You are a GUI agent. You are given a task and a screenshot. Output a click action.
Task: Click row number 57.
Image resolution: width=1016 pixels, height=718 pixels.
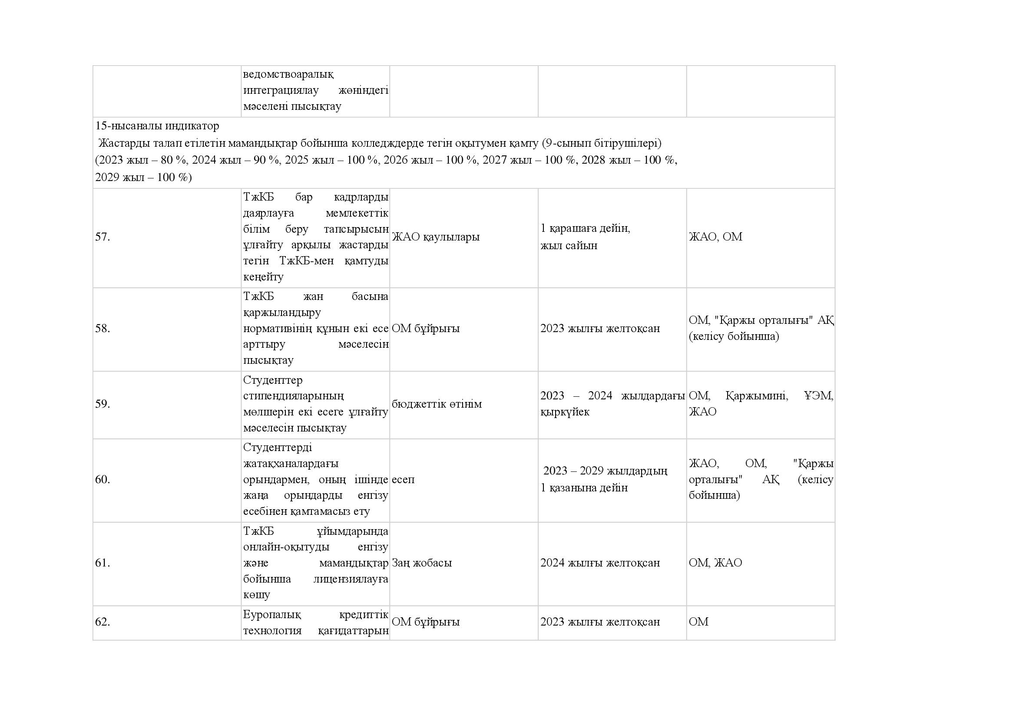coord(103,237)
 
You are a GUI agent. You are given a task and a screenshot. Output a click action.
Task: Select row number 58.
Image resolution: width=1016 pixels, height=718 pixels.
coord(103,329)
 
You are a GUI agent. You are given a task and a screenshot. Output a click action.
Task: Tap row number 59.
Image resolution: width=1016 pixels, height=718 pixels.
coord(103,404)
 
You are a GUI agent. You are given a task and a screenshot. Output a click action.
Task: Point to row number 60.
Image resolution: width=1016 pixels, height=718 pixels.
coord(103,480)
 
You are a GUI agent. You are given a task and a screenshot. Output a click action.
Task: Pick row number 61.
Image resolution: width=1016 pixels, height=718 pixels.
coord(103,563)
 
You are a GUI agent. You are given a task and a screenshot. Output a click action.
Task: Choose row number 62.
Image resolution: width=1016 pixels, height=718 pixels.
coord(103,622)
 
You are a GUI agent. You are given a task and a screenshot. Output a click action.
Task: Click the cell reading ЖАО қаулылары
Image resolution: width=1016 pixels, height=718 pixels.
coord(435,237)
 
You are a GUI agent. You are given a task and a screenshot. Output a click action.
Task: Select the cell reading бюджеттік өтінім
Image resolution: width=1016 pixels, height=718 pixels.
coord(436,404)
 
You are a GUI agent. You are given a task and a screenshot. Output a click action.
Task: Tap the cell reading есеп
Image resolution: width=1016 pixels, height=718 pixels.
coord(403,480)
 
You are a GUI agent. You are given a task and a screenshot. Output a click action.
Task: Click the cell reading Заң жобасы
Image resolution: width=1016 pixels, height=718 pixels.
coord(422,563)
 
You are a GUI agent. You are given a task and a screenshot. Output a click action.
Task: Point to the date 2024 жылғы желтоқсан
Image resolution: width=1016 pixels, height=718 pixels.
coord(599,563)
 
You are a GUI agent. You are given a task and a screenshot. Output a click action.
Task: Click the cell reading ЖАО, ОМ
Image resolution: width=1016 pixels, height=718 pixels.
coord(715,237)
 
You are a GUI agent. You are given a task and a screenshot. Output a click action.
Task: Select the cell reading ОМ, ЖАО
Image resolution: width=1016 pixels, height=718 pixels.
coord(715,563)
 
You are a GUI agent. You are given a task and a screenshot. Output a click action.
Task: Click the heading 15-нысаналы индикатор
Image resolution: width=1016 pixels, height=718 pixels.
coord(157,126)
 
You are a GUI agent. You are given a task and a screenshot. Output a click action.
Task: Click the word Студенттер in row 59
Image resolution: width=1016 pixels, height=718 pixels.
coord(273,380)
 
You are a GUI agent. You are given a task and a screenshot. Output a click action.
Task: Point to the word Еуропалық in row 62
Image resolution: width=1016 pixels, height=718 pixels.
coord(272,615)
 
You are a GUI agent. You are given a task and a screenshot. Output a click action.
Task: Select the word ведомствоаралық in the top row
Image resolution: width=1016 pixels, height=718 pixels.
coord(288,74)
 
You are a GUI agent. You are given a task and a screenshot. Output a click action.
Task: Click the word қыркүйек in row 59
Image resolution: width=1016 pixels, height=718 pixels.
coord(565,412)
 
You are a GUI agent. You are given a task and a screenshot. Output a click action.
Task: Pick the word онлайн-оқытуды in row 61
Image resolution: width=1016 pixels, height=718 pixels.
coord(286,547)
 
